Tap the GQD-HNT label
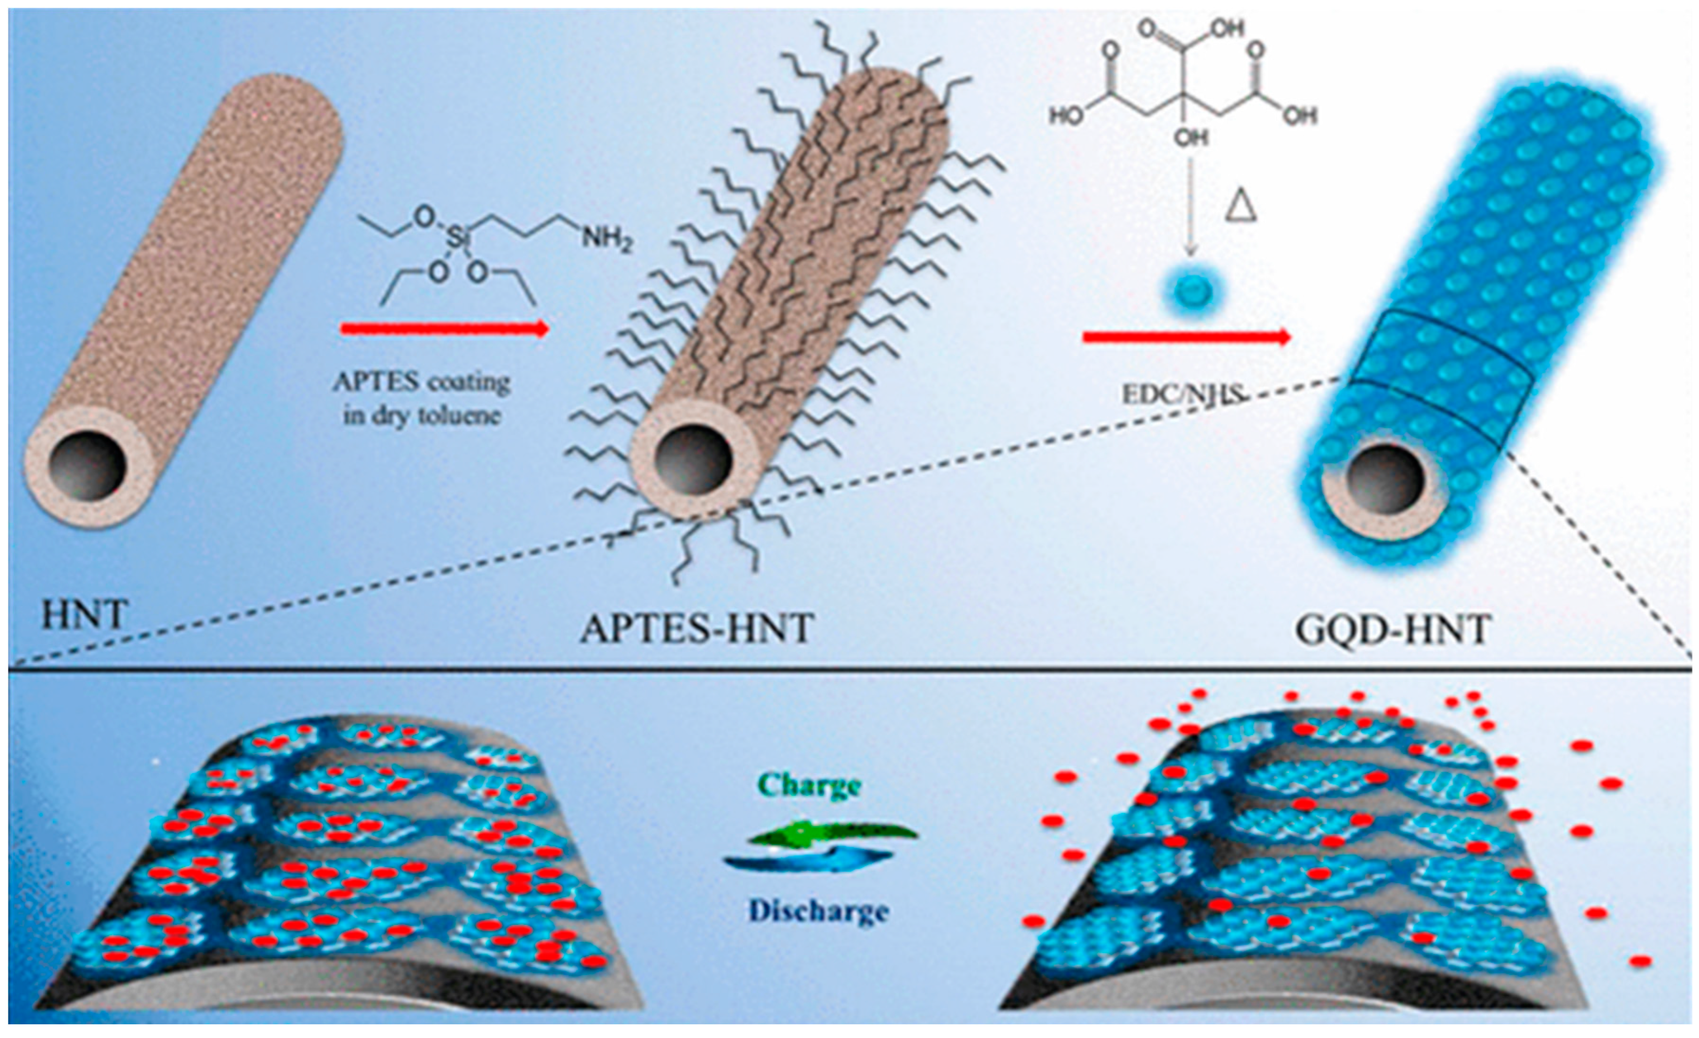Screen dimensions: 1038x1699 coord(1394,629)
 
